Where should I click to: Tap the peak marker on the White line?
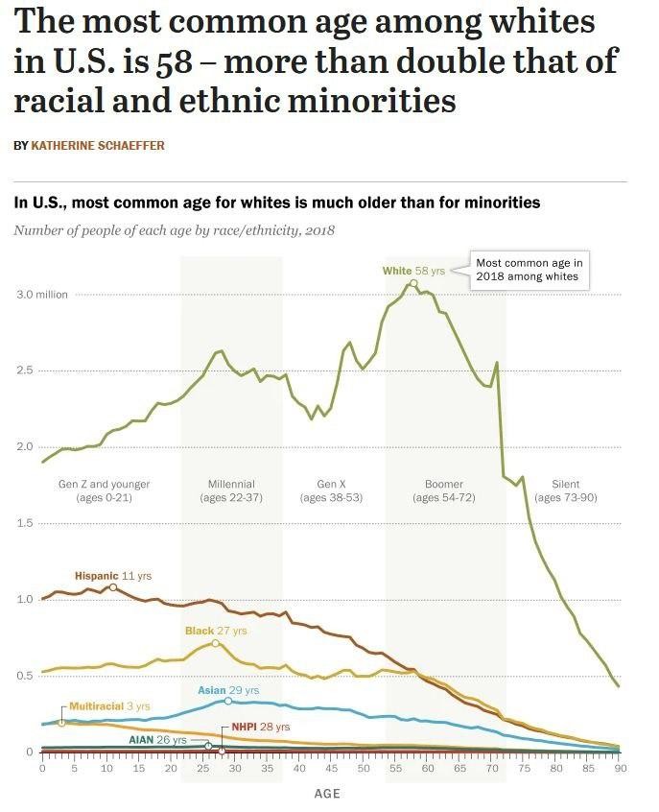coord(413,283)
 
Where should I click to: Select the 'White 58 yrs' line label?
coord(413,271)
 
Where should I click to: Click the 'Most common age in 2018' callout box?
coord(530,269)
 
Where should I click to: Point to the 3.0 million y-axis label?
coord(41,295)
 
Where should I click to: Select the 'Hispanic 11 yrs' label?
coord(112,575)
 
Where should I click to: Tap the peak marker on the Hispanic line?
coord(113,586)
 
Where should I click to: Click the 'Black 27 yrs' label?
coord(216,631)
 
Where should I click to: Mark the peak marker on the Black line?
coord(215,643)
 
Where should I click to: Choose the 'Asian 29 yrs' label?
coord(228,690)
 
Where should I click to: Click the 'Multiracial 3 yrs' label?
coord(109,706)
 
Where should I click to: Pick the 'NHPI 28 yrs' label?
coord(260,727)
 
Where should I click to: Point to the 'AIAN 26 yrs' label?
coord(157,741)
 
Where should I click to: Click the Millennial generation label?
coord(231,490)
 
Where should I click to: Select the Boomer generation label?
coord(443,490)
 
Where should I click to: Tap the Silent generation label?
coord(566,490)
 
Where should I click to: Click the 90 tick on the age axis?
coord(620,768)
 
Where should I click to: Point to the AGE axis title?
coord(327,794)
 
